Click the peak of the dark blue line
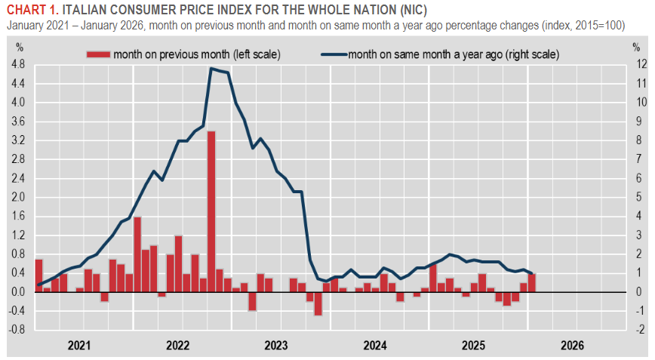(x=211, y=69)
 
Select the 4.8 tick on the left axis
(x=19, y=64)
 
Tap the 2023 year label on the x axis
(x=276, y=346)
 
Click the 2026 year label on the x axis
(x=572, y=346)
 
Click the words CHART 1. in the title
(x=32, y=10)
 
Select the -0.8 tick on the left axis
(x=17, y=330)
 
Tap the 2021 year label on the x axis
(x=79, y=346)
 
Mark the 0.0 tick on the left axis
(x=19, y=292)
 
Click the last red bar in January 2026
(x=532, y=283)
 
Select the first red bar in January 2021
(x=38, y=275)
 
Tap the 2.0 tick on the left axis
(x=19, y=197)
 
